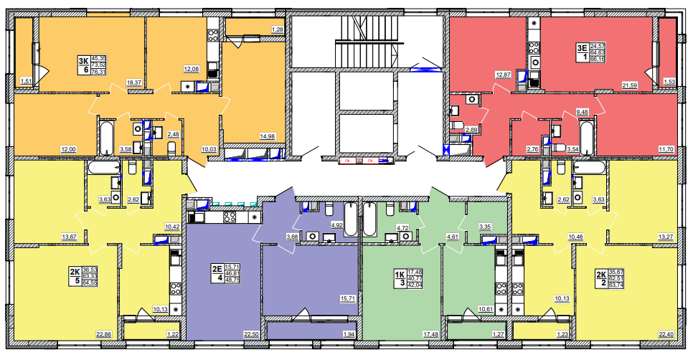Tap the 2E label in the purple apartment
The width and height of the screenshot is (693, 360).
click(x=216, y=270)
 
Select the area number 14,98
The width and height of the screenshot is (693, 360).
click(x=268, y=137)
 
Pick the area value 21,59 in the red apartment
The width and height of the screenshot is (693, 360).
click(x=629, y=85)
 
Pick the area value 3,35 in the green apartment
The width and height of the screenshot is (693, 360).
click(x=486, y=227)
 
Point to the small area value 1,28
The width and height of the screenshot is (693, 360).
click(x=277, y=29)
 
